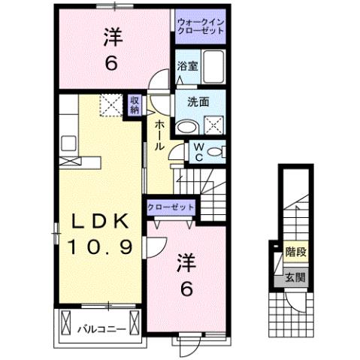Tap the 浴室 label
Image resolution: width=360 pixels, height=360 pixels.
pyautogui.click(x=187, y=66)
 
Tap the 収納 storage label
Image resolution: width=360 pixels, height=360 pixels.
pyautogui.click(x=134, y=104)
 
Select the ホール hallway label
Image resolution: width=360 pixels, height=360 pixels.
pyautogui.click(x=159, y=135)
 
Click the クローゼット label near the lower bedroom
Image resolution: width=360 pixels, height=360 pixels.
pyautogui.click(x=171, y=206)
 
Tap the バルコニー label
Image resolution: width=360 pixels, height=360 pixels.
pyautogui.click(x=96, y=328)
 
